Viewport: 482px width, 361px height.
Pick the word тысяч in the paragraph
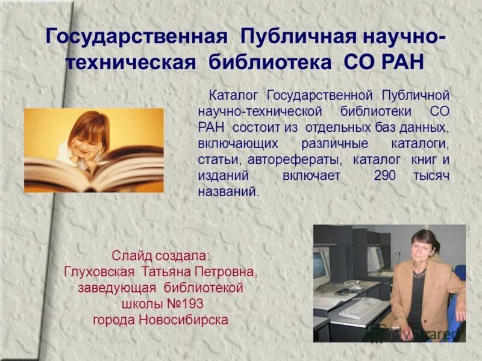(431, 176)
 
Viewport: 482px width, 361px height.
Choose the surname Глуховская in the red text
(100, 273)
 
